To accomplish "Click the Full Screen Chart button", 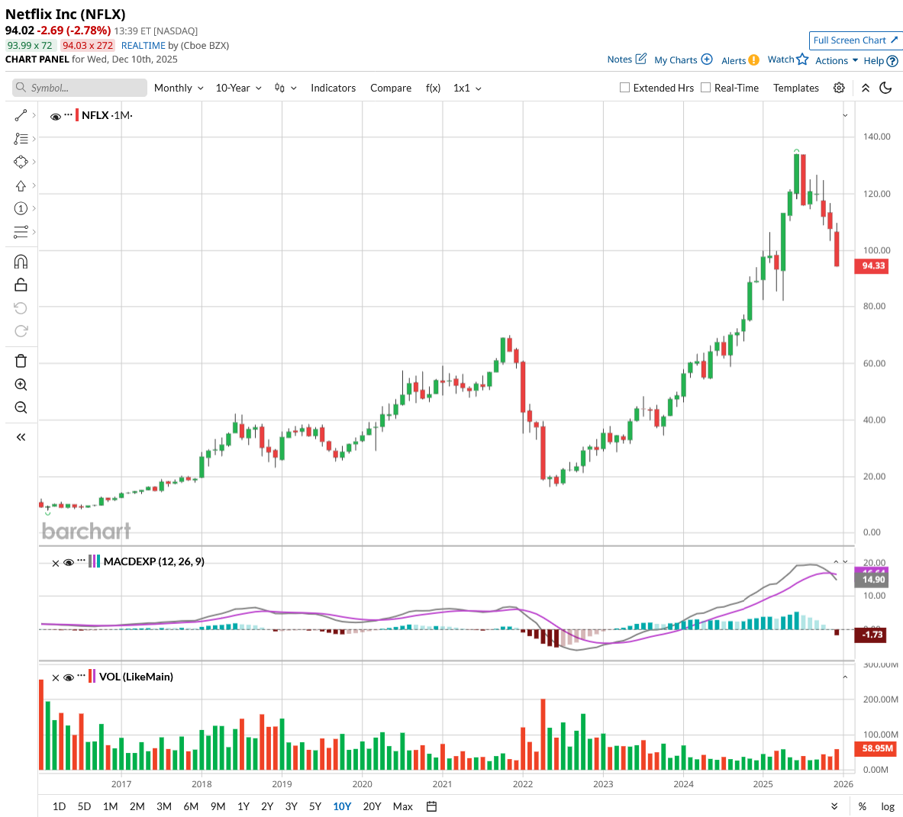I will coord(855,40).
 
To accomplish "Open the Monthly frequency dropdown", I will coord(179,88).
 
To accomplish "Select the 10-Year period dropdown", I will coord(238,88).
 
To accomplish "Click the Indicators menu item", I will coord(333,88).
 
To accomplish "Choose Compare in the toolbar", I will coord(391,88).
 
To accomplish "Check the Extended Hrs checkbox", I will coord(625,88).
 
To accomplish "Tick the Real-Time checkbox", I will coord(706,88).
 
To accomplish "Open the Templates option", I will coord(795,88).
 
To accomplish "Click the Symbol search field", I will coord(80,88).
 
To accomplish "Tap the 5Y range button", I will coord(315,806).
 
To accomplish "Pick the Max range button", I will coord(402,806).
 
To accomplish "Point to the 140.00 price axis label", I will coord(876,137).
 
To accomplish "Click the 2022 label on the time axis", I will coord(523,783).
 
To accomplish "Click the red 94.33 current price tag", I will coord(873,265).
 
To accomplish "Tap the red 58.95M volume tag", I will coord(877,748).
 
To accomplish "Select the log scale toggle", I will coord(888,806).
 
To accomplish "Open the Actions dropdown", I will coord(836,60).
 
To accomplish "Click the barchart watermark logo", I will coord(86,531).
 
